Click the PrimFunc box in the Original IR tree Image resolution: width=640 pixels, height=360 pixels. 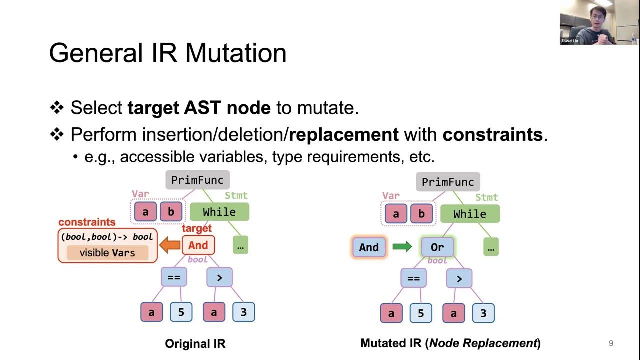(197, 180)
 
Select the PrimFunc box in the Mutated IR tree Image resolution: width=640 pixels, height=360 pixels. (448, 182)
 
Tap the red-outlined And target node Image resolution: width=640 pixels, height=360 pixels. (198, 245)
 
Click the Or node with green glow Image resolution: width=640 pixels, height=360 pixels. (437, 247)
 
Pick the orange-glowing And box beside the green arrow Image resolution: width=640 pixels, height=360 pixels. (369, 247)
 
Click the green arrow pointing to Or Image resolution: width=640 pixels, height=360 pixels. (402, 247)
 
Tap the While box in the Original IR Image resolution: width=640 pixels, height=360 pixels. (219, 212)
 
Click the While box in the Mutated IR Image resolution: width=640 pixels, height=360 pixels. (470, 214)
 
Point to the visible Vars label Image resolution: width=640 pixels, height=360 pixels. (107, 253)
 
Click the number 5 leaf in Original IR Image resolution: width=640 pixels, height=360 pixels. (181, 313)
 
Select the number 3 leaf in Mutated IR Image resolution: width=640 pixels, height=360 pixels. (483, 314)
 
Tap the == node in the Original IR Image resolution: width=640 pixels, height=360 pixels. (173, 277)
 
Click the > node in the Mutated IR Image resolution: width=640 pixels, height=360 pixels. (459, 279)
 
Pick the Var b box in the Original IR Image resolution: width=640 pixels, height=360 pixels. (171, 212)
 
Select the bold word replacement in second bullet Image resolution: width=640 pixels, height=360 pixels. (344, 134)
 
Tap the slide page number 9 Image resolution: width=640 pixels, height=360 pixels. (611, 343)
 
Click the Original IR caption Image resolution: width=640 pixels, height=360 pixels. (195, 344)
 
